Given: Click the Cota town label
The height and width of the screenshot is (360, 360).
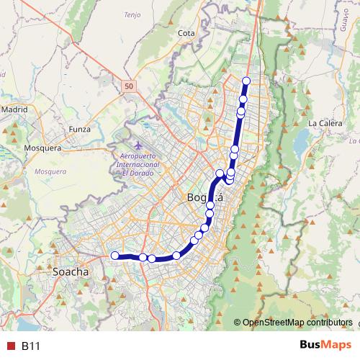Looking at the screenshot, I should (186, 32).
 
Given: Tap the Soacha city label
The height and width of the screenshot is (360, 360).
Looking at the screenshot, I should (71, 273).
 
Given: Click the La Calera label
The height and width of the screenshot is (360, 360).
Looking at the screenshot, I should (324, 123).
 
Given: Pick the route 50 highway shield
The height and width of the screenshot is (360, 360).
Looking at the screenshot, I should (128, 86).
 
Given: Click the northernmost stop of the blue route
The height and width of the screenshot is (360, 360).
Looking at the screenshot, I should (246, 81).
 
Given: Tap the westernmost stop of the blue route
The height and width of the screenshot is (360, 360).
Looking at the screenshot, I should (114, 254).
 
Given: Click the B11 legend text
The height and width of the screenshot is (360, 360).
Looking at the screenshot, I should (30, 346).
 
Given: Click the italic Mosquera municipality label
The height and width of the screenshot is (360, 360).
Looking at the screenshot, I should (51, 172).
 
